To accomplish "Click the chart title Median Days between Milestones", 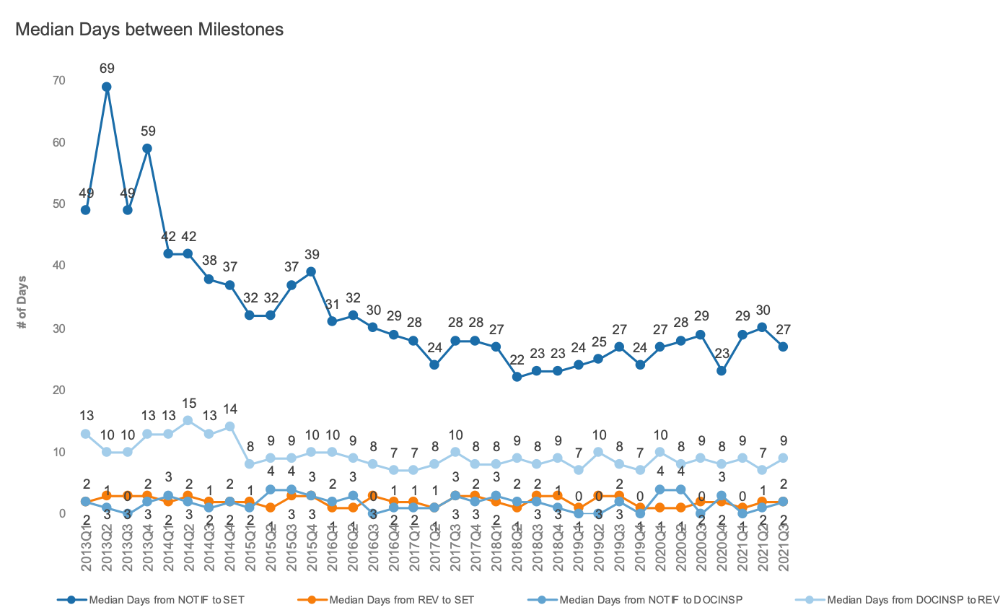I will pos(149,30).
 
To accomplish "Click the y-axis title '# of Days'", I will pos(22,302).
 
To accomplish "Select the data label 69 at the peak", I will pos(107,69).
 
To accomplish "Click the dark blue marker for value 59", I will pos(147,149).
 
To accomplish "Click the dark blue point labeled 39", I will pos(311,272).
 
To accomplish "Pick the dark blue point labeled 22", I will pos(517,377).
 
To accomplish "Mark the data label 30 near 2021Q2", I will pos(763,310).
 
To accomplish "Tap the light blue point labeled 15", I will pos(188,420).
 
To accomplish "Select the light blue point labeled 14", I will pos(229,427).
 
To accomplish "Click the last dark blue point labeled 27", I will pos(783,347).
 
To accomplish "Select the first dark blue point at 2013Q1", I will pos(86,210).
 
